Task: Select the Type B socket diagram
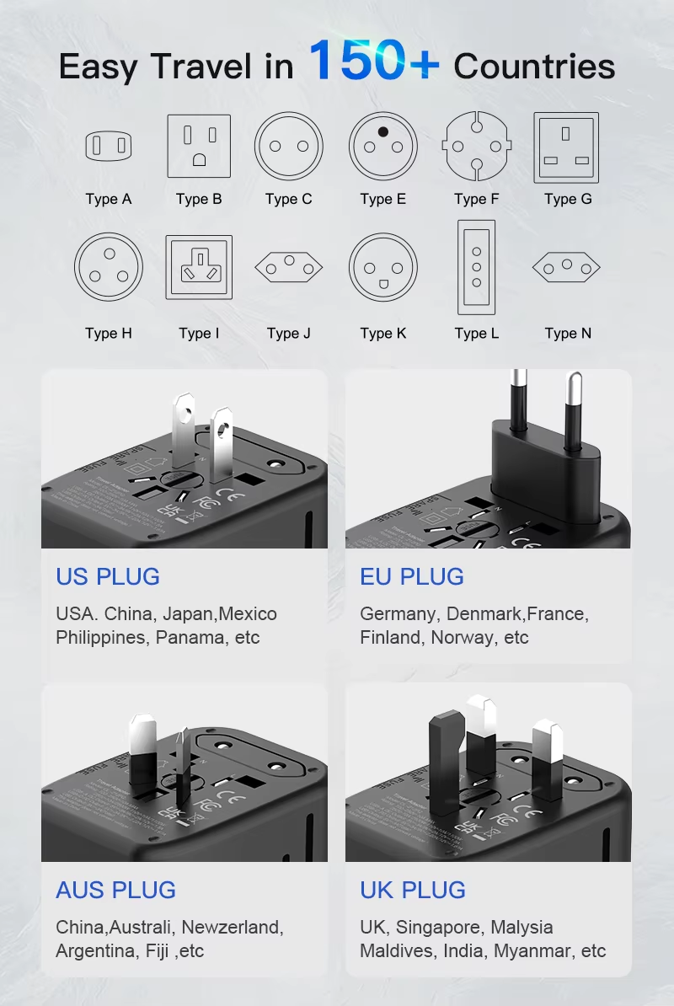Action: [199, 146]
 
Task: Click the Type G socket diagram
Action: [566, 147]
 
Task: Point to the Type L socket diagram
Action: [476, 267]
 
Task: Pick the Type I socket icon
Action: [199, 267]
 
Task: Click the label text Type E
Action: [382, 200]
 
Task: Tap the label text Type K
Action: [382, 334]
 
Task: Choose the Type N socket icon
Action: [566, 269]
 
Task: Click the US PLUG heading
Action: [108, 577]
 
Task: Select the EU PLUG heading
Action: [412, 577]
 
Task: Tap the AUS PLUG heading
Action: [116, 891]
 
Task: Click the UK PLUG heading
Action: [413, 891]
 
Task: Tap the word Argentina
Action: [92, 951]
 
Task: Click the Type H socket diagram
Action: [109, 267]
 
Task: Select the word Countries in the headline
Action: [534, 67]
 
